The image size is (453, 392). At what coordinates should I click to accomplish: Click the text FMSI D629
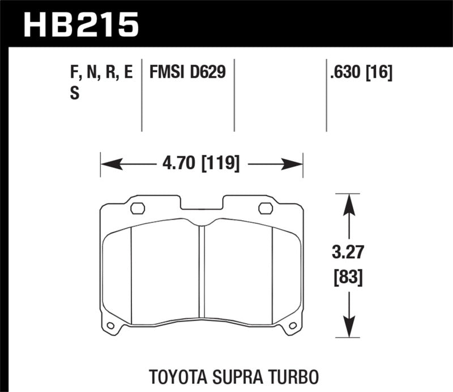187,72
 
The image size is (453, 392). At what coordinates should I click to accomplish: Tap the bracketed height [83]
347,277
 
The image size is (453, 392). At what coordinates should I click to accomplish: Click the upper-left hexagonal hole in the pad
138,208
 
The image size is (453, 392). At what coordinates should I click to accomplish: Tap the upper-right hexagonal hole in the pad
265,208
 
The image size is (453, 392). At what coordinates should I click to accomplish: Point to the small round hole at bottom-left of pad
110,326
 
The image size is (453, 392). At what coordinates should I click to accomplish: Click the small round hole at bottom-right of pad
293,326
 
